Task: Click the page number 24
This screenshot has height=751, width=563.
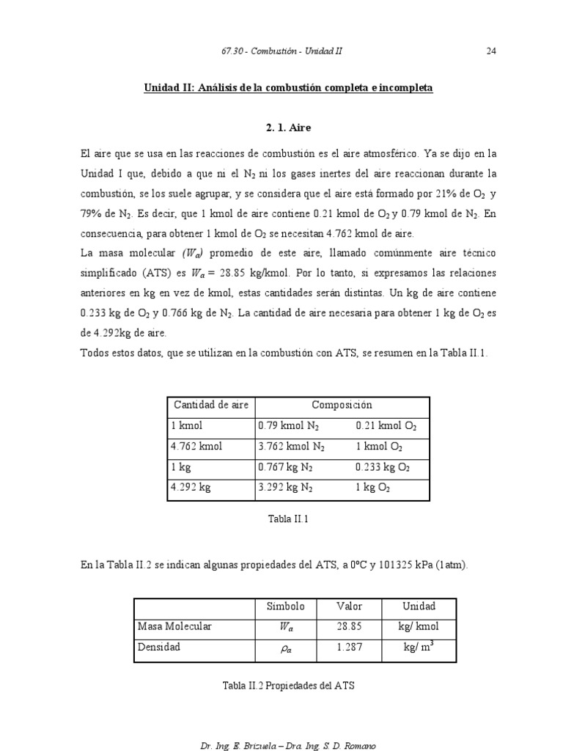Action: click(x=491, y=51)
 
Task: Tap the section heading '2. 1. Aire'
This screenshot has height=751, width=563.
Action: click(x=288, y=128)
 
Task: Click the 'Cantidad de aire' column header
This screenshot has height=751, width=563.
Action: click(x=211, y=406)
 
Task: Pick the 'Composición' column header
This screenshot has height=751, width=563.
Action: click(x=342, y=406)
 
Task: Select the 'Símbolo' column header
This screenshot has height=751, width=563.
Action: click(x=285, y=607)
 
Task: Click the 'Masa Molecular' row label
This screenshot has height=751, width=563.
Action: click(x=174, y=627)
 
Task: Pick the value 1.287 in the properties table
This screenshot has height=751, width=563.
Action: click(x=349, y=648)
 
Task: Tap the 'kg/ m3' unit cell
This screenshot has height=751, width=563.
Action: click(x=419, y=648)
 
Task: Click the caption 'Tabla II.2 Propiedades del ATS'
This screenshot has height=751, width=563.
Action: click(x=288, y=686)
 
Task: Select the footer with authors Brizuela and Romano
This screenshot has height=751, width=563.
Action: click(x=288, y=745)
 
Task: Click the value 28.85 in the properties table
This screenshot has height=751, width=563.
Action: click(x=349, y=627)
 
